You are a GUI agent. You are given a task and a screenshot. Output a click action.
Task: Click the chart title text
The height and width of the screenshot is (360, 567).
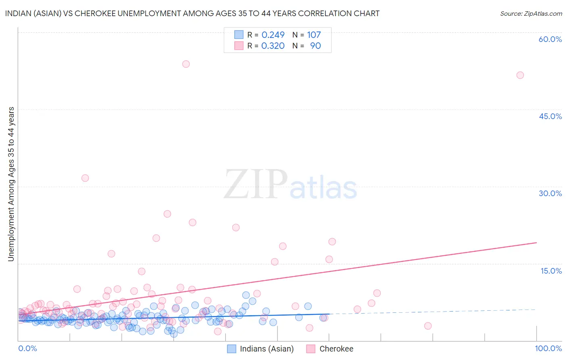192,13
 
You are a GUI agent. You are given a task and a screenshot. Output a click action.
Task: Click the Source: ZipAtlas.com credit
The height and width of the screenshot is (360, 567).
531,13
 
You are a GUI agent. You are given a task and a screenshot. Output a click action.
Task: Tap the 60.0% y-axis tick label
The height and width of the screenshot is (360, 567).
550,39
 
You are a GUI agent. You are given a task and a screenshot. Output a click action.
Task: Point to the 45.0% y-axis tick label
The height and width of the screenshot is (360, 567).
550,116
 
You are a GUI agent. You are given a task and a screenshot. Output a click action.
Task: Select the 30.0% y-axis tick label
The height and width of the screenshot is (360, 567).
550,193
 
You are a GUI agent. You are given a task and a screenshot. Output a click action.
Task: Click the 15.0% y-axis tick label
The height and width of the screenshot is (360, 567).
551,270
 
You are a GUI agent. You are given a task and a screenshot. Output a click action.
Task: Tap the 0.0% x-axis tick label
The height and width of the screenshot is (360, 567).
27,348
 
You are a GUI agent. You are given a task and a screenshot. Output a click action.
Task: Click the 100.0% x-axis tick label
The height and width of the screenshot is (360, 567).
548,348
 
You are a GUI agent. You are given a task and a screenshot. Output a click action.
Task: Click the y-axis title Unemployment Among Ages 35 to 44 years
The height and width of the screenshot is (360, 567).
11,184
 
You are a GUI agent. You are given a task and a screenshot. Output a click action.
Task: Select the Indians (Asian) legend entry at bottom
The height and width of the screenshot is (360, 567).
261,349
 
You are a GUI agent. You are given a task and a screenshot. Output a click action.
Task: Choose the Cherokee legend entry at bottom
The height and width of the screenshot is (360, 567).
330,349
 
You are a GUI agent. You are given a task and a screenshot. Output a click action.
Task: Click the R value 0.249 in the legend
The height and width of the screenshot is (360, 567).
273,35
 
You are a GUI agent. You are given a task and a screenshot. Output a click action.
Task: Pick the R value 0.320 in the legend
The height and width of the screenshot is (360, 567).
273,46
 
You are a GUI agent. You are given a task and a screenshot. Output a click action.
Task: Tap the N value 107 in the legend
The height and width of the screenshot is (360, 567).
314,35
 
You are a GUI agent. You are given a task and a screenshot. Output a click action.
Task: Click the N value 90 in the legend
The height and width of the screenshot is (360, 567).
315,46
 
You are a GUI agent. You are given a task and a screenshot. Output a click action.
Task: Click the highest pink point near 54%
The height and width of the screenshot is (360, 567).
186,64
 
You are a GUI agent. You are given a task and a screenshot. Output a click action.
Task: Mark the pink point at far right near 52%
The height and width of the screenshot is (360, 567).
520,75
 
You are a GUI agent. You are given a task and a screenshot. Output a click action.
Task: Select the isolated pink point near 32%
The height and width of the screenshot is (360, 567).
85,178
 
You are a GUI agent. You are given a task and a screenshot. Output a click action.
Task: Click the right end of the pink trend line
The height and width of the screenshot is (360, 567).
536,243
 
